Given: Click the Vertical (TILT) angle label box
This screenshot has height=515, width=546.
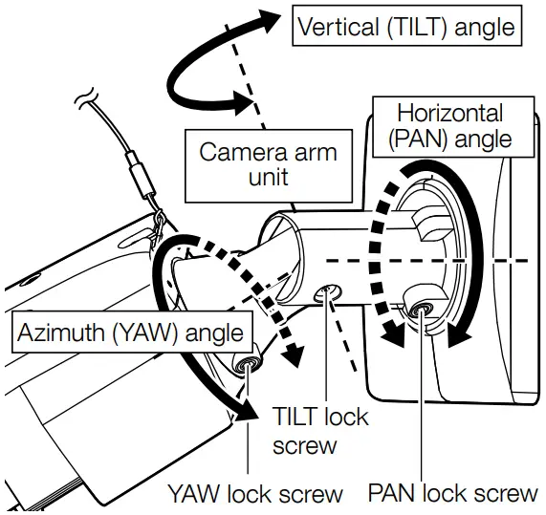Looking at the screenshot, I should (x=406, y=28).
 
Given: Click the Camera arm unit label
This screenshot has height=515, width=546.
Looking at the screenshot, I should (x=267, y=165).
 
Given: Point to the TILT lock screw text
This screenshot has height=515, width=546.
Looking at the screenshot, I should (x=321, y=431).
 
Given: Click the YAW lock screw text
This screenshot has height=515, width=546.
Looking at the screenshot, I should (x=254, y=493).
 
